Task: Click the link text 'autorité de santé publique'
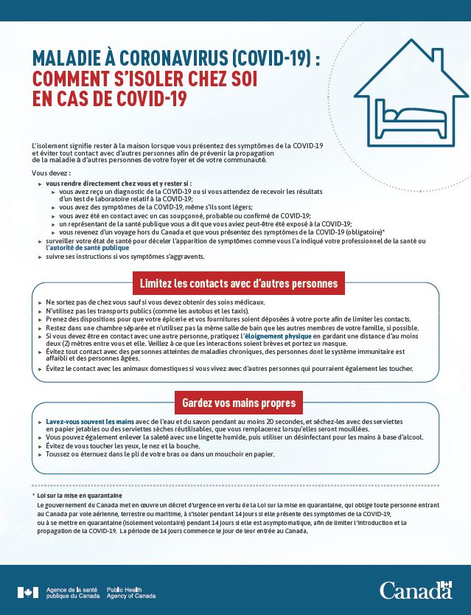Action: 88,248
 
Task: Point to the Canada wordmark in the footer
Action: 416,590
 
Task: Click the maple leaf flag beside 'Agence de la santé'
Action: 27,591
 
